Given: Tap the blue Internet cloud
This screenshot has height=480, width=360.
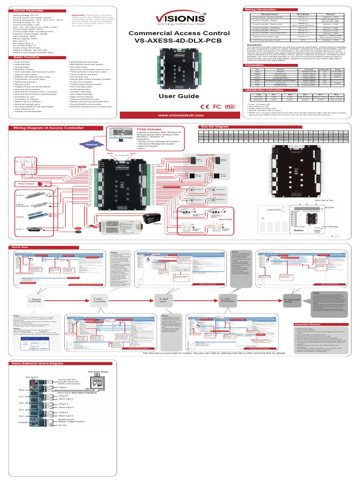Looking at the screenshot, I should [x=92, y=145].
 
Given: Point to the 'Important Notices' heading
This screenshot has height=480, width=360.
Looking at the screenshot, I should [x=308, y=324].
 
